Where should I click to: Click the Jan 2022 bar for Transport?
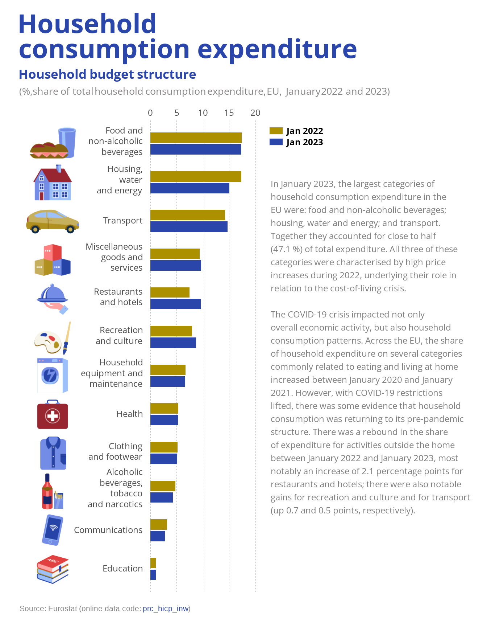pos(187,215)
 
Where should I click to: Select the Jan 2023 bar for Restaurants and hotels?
pos(175,304)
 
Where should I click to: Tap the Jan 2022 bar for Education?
pos(153,563)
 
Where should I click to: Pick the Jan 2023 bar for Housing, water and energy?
pos(190,188)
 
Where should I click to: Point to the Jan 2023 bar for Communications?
pos(158,536)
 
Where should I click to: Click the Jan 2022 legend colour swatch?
pos(276,131)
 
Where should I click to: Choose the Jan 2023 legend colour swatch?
pos(276,142)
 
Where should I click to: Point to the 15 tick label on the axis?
pos(229,113)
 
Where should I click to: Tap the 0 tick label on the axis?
pos(150,113)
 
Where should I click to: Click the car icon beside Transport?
pos(53,221)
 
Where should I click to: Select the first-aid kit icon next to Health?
pos(53,415)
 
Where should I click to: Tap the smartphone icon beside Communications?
pos(53,530)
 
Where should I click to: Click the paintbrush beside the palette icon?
pos(67,337)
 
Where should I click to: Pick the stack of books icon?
pos(53,569)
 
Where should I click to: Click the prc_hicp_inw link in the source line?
pos(166,608)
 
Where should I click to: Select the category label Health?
pos(129,414)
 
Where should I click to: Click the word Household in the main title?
pos(87,24)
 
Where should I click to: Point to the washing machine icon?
pos(53,375)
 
